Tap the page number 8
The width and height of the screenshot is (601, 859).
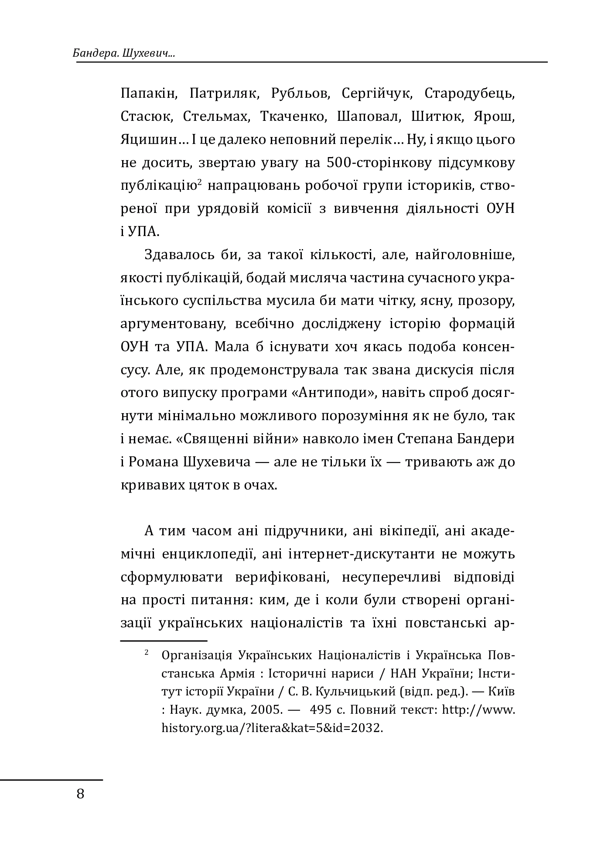click(x=80, y=794)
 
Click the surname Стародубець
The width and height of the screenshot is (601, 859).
click(x=469, y=93)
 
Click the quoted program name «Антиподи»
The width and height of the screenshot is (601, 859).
click(x=334, y=393)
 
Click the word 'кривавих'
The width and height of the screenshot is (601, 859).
click(x=150, y=485)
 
